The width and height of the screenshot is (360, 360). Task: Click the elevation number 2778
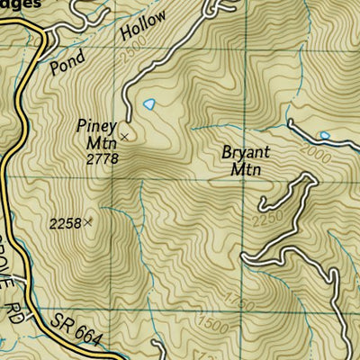click(103, 159)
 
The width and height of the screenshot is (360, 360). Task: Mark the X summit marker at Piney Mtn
click(124, 136)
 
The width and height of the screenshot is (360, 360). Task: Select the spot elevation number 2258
click(66, 223)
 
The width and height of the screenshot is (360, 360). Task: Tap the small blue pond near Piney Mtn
click(148, 104)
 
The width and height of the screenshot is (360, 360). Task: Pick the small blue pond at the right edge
click(325, 136)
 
